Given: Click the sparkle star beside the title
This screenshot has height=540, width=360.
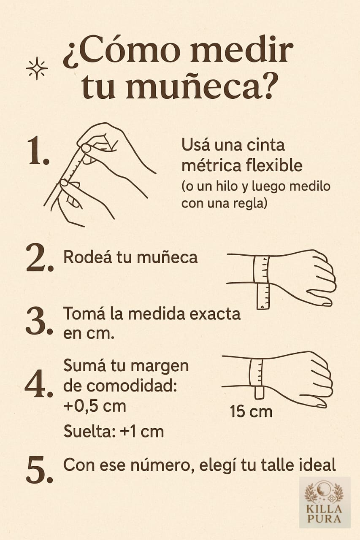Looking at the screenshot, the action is click(x=37, y=68).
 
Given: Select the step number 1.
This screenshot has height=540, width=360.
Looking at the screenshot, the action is click(x=38, y=151).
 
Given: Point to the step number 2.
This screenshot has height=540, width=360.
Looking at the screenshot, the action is click(x=40, y=259).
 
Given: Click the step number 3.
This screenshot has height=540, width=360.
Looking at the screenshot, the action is click(x=39, y=321).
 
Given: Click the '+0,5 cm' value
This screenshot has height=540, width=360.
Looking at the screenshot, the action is click(x=95, y=406).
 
